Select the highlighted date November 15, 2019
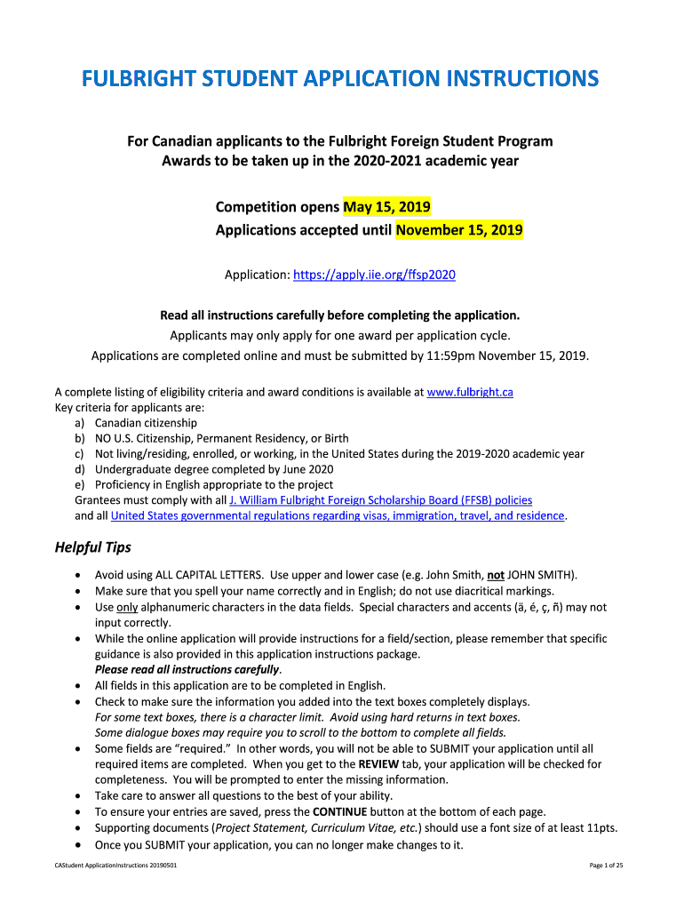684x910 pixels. [459, 231]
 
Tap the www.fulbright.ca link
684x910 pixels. [470, 392]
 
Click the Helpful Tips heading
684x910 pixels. [93, 547]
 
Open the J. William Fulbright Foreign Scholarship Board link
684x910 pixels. [380, 500]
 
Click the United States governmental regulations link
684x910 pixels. [338, 515]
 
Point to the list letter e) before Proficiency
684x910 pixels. [80, 484]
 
